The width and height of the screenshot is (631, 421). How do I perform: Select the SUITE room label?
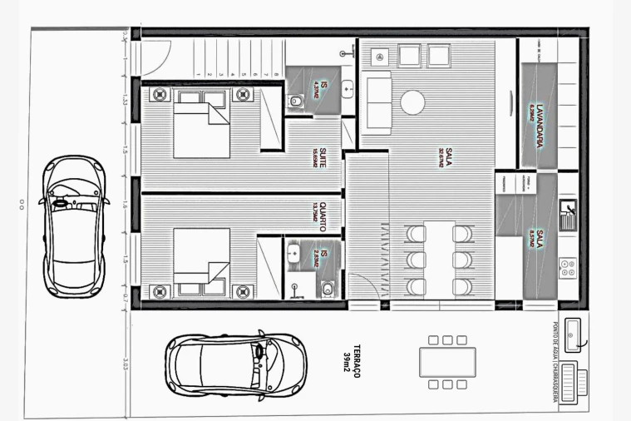tap(319, 156)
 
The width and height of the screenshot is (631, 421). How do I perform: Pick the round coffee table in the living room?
tap(412, 103)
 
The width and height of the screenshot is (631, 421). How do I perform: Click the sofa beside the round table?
tap(378, 101)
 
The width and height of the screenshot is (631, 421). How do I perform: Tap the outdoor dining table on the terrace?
tap(448, 362)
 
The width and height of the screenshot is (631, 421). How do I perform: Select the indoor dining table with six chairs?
tap(440, 258)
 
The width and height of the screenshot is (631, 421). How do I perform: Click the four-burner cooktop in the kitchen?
tap(569, 268)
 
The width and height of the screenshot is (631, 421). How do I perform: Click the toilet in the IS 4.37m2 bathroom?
tap(295, 102)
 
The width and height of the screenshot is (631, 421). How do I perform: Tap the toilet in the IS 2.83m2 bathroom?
tap(327, 288)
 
